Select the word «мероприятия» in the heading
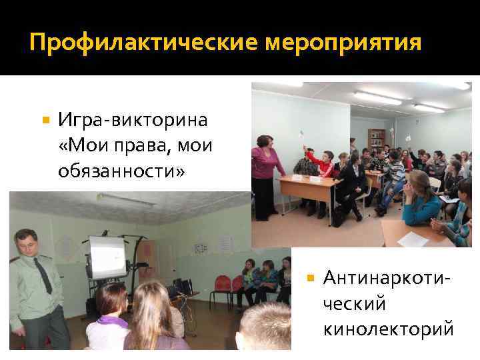pyautogui.click(x=344, y=43)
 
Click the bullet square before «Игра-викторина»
pyautogui.click(x=45, y=121)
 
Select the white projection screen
pyautogui.click(x=107, y=256)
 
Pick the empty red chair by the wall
pyautogui.click(x=221, y=284)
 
